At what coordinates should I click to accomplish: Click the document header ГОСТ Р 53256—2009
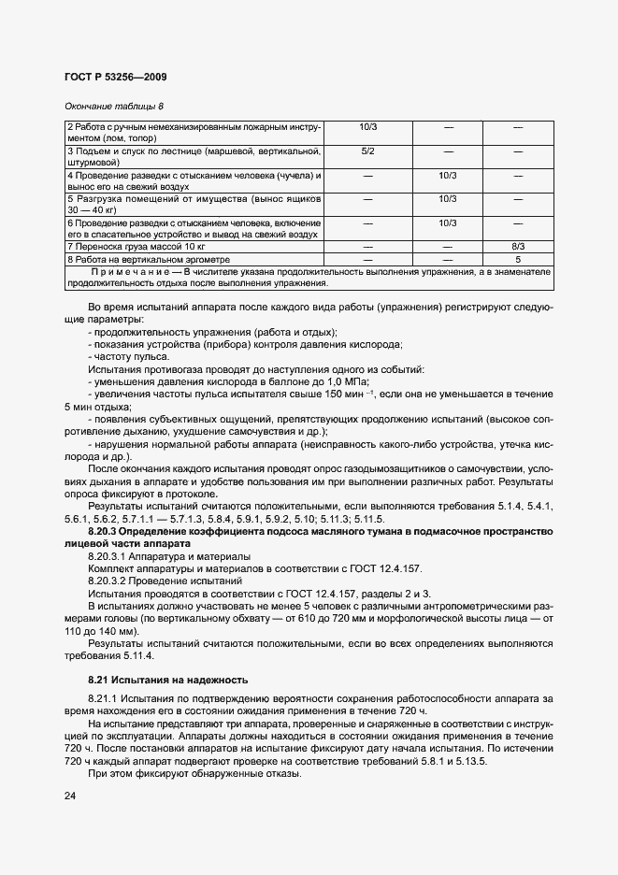[x=115, y=77]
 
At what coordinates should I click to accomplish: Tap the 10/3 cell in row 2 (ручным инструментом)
[x=367, y=126]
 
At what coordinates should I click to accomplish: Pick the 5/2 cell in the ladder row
[x=367, y=151]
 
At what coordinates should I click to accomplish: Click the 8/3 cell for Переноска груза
[x=517, y=246]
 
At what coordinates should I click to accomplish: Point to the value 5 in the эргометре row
[x=517, y=258]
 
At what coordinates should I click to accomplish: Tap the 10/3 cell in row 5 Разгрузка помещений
[x=447, y=198]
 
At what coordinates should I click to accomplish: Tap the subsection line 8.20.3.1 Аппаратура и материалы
[x=156, y=556]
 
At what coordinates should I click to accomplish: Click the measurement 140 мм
[x=120, y=631]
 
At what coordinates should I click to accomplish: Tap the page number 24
[x=70, y=796]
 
